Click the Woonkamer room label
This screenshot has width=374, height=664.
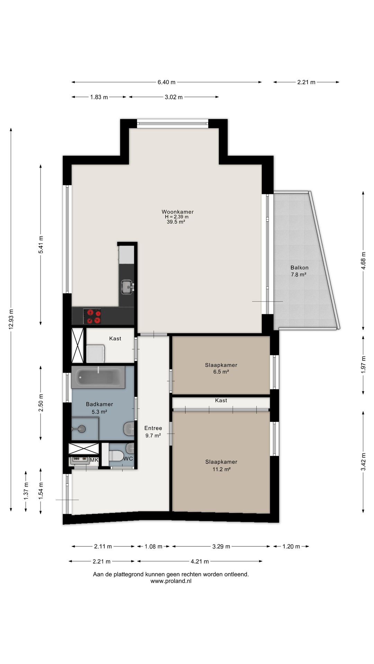[x=177, y=212]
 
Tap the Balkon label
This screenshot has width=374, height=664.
[x=299, y=268]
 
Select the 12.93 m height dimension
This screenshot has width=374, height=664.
[x=11, y=320]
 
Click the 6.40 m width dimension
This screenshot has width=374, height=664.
[x=167, y=82]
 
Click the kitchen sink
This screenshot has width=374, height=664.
[x=127, y=287]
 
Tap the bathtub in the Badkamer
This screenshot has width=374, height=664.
[x=98, y=377]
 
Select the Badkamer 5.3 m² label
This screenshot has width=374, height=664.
[x=99, y=408]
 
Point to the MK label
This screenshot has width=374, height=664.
[x=94, y=460]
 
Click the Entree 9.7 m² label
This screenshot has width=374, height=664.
[x=153, y=432]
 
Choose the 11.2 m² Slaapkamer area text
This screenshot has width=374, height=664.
[x=221, y=469]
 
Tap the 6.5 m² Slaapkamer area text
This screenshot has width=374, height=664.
[x=221, y=372]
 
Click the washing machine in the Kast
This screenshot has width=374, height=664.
[x=96, y=353]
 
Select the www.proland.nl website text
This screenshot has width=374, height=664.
[x=171, y=581]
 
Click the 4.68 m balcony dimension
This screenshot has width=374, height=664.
[x=363, y=260]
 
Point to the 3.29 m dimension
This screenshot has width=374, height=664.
[x=221, y=546]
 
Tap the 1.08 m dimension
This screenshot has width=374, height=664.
[x=153, y=546]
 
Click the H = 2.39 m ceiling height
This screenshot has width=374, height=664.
[x=177, y=217]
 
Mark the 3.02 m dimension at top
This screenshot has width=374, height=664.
[x=173, y=97]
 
